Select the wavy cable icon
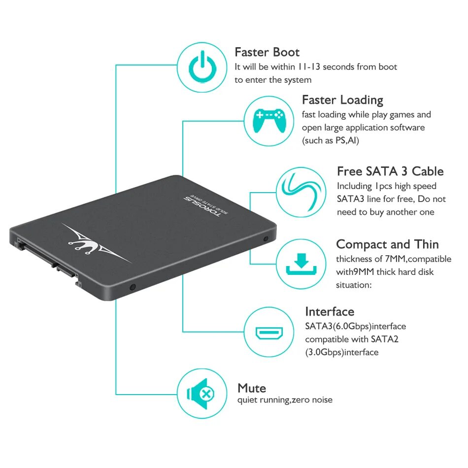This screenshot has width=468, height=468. click(x=301, y=192)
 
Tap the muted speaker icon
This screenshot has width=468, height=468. click(x=202, y=394)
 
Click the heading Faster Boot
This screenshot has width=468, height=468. click(x=267, y=52)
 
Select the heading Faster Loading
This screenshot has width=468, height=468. click(x=342, y=100)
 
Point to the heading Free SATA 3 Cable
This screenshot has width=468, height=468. click(x=390, y=171)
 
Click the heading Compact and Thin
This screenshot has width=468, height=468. click(x=387, y=244)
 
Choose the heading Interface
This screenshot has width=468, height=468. click(x=330, y=312)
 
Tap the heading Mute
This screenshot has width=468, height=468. click(x=252, y=388)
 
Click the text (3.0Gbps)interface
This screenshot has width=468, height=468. click(x=342, y=352)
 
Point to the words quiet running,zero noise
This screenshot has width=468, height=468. click(x=285, y=400)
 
